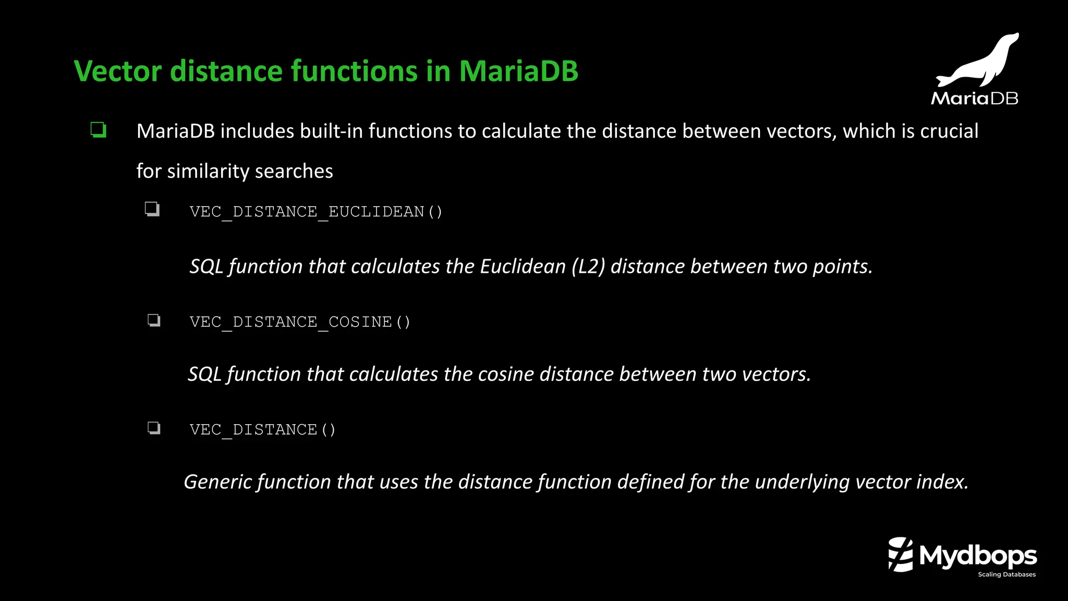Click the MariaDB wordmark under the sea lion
click(974, 98)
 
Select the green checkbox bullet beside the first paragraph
click(98, 129)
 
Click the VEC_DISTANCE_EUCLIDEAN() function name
click(315, 212)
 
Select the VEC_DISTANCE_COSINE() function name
click(300, 322)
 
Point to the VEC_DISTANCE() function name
click(262, 430)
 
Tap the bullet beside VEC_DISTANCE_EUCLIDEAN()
click(152, 209)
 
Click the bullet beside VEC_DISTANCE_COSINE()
click(154, 320)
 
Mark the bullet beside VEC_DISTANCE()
click(154, 428)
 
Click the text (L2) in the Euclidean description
click(588, 267)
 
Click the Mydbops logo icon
click(901, 555)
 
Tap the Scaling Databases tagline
click(1006, 574)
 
